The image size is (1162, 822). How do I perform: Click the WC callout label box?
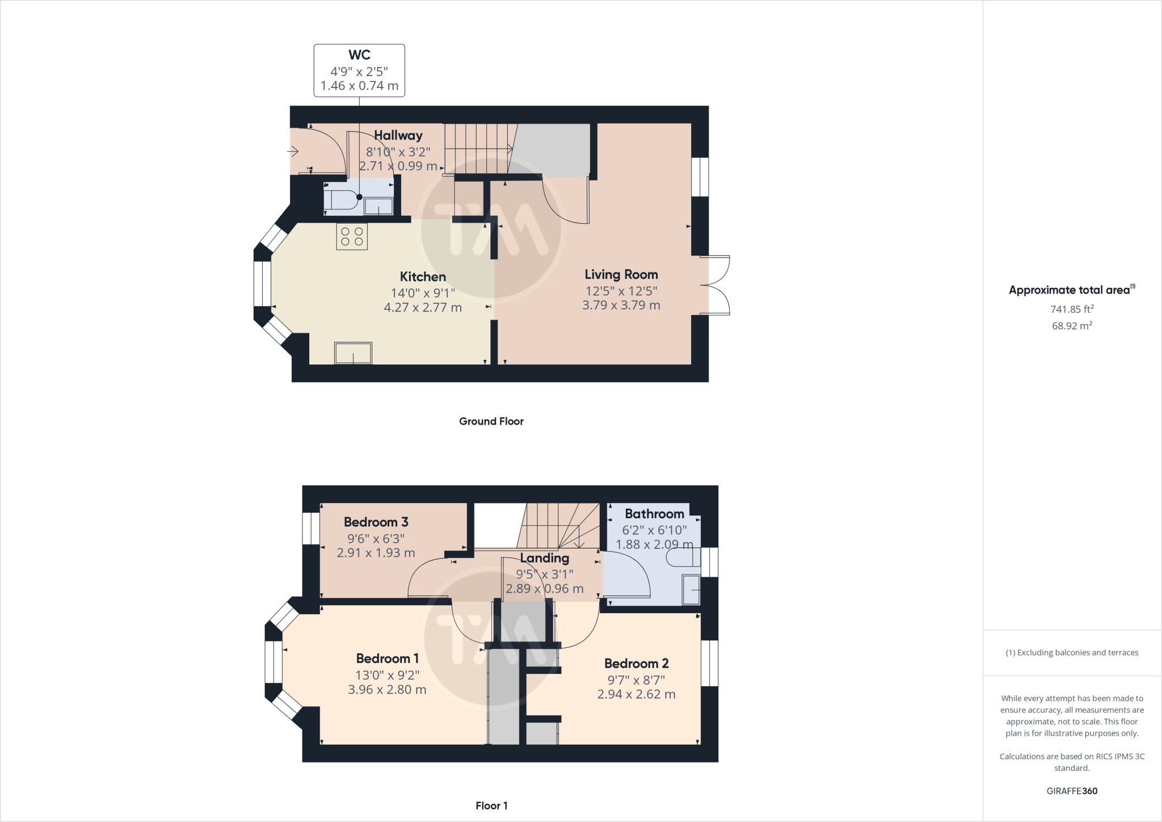click(359, 70)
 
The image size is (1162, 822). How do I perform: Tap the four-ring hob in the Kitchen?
click(352, 237)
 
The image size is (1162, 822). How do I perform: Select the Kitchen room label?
click(423, 277)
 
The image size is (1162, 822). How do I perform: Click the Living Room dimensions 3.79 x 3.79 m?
click(621, 305)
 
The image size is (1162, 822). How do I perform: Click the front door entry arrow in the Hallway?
click(293, 152)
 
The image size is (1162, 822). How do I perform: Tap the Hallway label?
click(398, 135)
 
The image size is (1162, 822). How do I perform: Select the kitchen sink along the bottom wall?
click(353, 353)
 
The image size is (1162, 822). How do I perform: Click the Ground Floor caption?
click(491, 421)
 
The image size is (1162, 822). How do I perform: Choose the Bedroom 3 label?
click(376, 522)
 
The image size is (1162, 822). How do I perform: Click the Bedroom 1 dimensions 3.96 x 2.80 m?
click(388, 690)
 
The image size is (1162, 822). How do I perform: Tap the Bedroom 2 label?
click(637, 664)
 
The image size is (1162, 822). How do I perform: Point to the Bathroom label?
click(655, 514)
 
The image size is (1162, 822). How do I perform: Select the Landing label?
click(545, 559)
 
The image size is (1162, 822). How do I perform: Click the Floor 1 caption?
click(491, 806)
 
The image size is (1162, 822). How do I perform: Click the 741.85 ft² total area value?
click(1072, 309)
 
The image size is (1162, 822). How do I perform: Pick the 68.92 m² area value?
click(1072, 325)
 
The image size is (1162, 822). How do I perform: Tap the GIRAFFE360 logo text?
click(1072, 791)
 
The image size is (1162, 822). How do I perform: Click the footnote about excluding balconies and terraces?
click(1072, 653)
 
